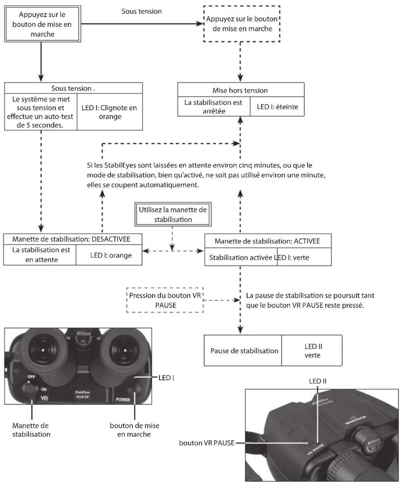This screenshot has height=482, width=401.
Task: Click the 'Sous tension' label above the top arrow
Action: pos(142,11)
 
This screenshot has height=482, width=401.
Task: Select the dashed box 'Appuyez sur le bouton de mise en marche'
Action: pos(242,24)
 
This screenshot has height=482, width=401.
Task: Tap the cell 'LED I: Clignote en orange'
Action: pos(110,112)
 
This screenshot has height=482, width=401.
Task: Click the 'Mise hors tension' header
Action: pos(241,90)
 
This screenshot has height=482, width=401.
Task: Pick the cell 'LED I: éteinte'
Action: pos(277,107)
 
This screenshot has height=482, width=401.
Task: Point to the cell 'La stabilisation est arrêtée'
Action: pos(214,107)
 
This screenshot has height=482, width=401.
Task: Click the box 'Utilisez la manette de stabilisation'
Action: pos(173,214)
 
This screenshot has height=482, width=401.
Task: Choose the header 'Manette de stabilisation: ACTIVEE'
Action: pos(268,241)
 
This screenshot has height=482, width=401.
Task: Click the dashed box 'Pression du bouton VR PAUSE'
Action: pos(165,300)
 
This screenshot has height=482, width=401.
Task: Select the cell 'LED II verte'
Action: pos(312,350)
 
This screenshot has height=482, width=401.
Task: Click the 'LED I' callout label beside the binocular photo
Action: pos(166,378)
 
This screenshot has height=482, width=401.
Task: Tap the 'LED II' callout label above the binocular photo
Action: pos(317,381)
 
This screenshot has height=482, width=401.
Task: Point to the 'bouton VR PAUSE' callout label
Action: pos(207,443)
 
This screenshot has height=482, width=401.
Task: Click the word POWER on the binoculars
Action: pos(123,400)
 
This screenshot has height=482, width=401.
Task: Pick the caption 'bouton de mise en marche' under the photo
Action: pos(134,430)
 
